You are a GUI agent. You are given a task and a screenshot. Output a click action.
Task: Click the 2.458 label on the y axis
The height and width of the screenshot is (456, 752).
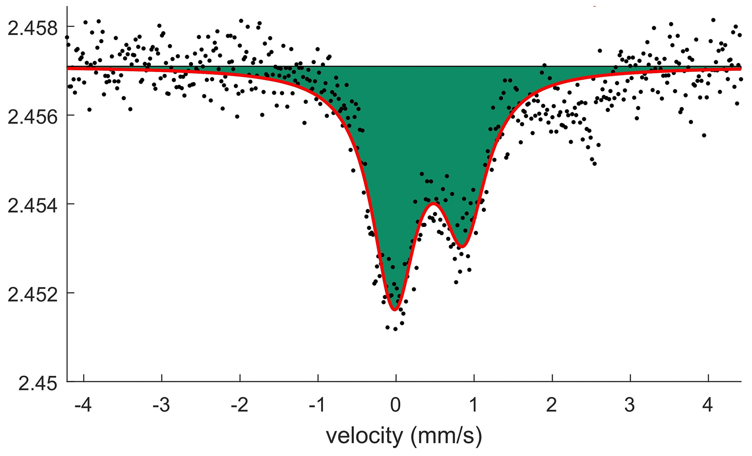coord(33,28)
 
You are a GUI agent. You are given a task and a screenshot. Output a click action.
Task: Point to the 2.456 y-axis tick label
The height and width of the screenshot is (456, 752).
coord(33,117)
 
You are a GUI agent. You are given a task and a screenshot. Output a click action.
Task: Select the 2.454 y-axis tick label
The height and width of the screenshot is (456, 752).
coord(33,206)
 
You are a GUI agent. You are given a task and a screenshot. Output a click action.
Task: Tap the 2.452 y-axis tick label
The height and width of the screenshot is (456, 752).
coord(33,295)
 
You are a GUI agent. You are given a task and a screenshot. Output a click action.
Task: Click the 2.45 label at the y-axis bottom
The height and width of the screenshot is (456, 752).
coord(38,384)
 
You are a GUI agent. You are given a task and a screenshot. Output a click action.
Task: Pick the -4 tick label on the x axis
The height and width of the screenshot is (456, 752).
coord(83,405)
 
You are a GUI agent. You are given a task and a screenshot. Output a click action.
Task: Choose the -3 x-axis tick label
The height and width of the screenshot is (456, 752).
coord(162,405)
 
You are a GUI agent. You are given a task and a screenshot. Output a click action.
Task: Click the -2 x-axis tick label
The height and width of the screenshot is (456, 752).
coord(240,405)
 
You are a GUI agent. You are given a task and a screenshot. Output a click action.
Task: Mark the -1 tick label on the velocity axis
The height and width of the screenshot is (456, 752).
coord(318,405)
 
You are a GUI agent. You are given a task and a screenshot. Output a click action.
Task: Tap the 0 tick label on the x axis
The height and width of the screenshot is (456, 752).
coord(396,405)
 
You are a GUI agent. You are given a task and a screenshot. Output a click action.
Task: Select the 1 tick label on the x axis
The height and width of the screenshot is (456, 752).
coord(474,405)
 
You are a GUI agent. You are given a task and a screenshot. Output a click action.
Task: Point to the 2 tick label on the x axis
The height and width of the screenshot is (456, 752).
coord(552,405)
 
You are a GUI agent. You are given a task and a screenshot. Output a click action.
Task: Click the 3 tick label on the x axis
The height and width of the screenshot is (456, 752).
coord(630,405)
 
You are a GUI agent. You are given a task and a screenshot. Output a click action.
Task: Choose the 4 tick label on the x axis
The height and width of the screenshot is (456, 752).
coord(708,405)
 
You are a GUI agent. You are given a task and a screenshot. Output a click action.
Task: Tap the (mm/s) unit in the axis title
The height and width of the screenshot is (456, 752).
coord(447,436)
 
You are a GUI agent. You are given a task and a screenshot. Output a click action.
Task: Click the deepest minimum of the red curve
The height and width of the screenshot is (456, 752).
coord(395,309)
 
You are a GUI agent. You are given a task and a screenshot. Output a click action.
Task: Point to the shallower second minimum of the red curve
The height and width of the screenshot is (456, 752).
coord(462,247)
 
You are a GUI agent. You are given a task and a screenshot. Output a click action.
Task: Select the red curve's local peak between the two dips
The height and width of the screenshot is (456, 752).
coord(433,203)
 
